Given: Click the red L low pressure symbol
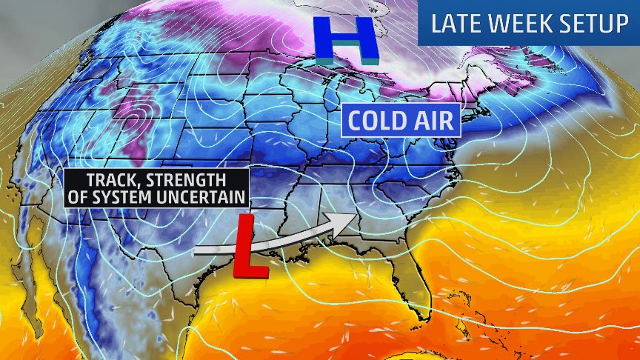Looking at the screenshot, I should click(x=249, y=248).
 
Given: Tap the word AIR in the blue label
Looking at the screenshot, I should click(x=436, y=120).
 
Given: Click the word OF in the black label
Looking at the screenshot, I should click(x=78, y=196).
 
